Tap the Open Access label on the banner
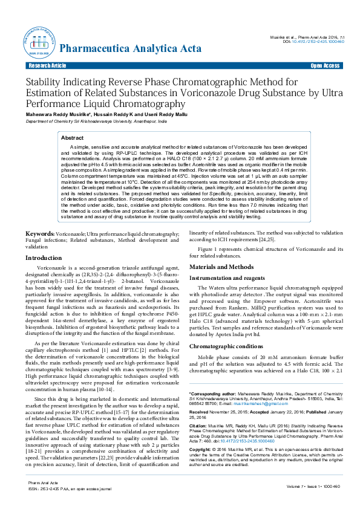[x=325, y=65]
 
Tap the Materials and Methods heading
[x=221, y=267]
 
